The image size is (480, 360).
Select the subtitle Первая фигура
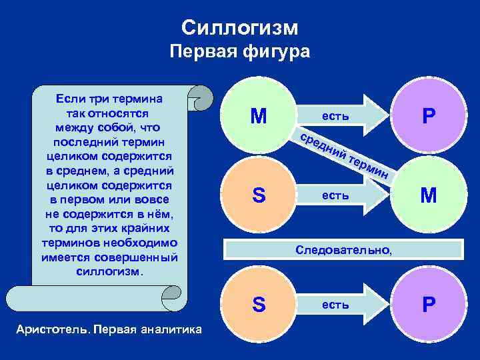click(x=240, y=53)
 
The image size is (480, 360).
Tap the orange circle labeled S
click(x=259, y=195)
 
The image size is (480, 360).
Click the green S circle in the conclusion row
click(x=259, y=305)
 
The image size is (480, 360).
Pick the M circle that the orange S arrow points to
click(x=429, y=195)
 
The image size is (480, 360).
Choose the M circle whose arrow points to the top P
click(x=259, y=117)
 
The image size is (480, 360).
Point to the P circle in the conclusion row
click(x=429, y=305)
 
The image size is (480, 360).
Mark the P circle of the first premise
click(x=429, y=117)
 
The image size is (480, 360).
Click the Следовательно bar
click(x=344, y=249)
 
